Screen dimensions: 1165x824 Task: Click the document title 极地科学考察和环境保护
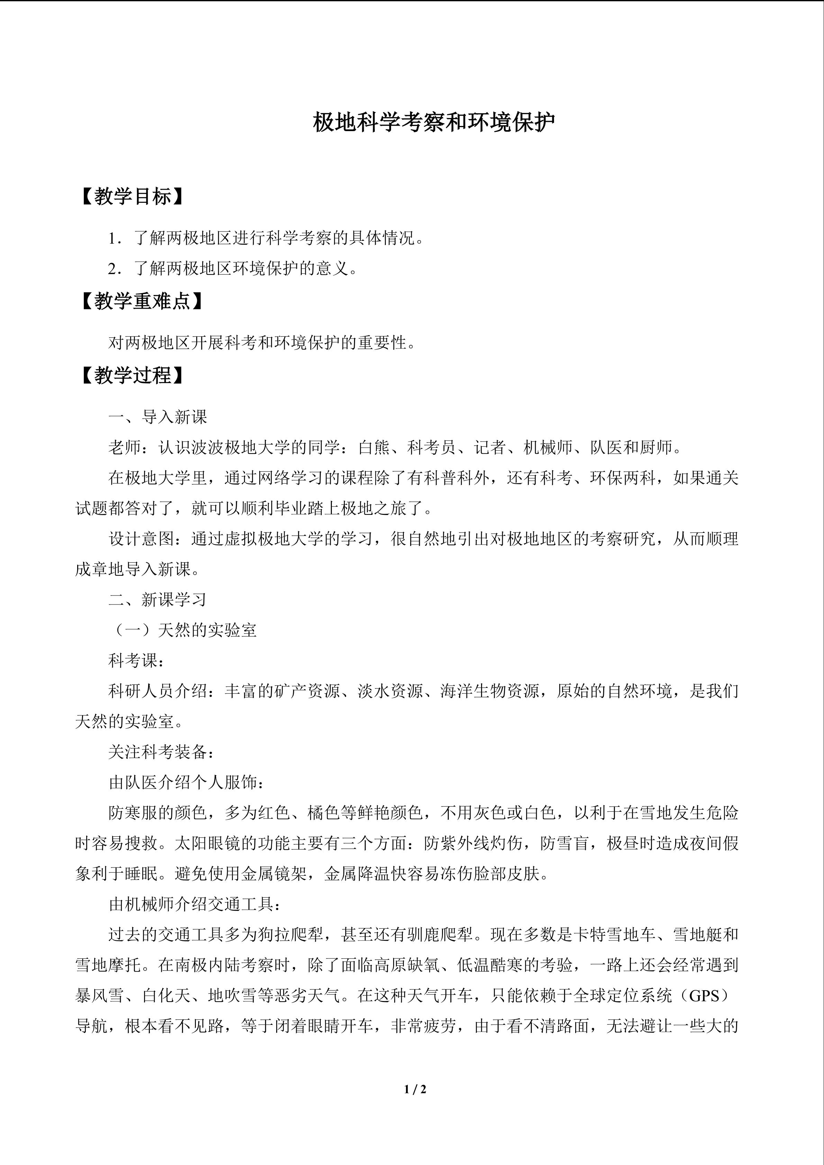(x=434, y=122)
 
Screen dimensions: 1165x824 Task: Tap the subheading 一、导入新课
(x=158, y=417)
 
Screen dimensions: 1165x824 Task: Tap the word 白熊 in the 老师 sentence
(x=374, y=447)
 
